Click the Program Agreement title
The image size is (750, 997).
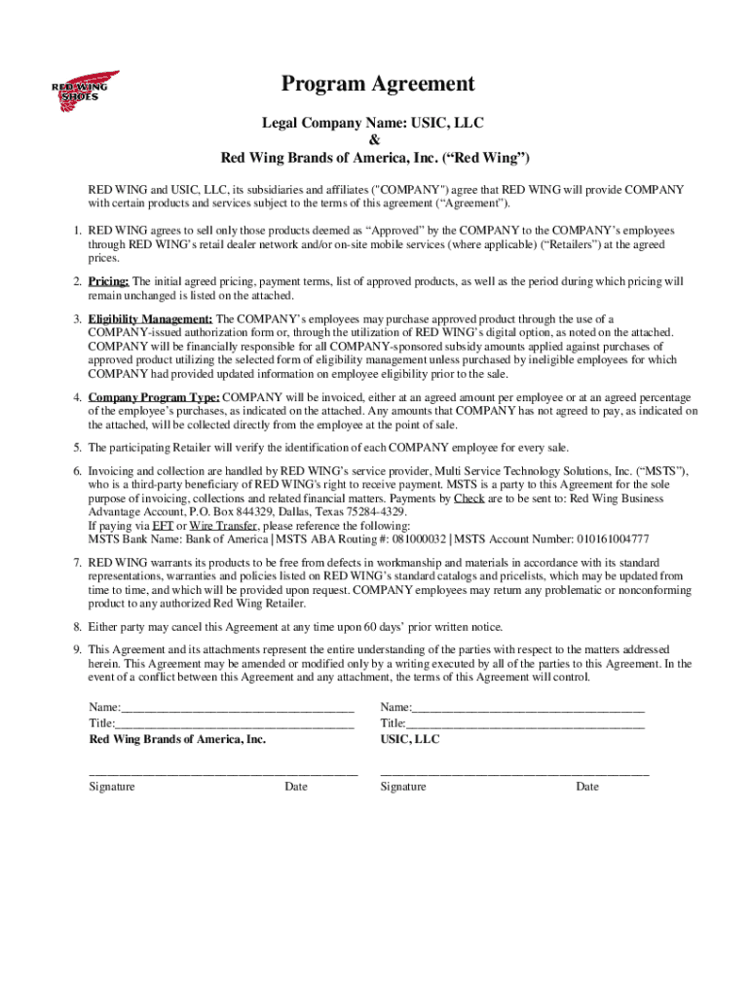point(378,85)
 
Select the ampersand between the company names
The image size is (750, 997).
point(375,140)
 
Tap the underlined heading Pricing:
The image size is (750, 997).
point(109,281)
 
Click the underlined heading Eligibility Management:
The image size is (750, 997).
point(150,319)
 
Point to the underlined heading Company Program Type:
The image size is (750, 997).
point(154,397)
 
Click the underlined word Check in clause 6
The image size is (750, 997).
point(469,498)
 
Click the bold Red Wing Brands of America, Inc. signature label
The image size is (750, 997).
point(177,740)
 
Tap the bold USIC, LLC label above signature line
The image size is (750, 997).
point(409,740)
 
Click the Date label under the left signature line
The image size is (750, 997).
point(296,787)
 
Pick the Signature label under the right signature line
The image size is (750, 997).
point(402,787)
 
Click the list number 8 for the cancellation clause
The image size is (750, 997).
point(77,627)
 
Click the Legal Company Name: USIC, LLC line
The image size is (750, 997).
point(375,124)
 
